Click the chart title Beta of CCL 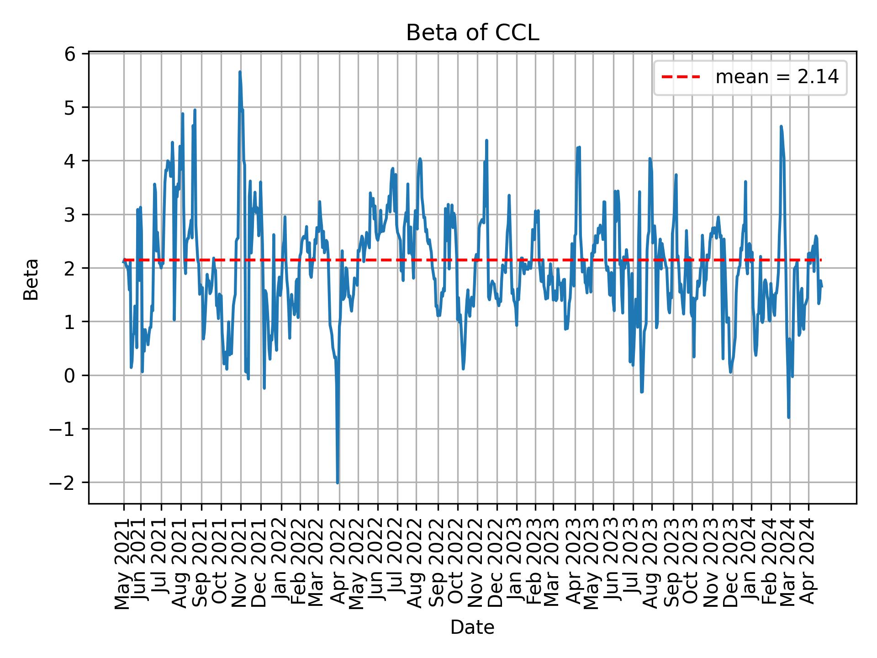pos(472,33)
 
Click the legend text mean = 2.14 pos(777,77)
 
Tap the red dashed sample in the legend pos(681,77)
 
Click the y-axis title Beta pos(31,279)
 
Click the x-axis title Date pos(472,627)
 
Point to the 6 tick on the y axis pos(69,54)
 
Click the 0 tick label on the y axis pos(69,376)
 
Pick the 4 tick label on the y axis pos(69,161)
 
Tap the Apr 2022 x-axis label pos(339,564)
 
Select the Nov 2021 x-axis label pos(240,564)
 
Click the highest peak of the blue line pos(239,72)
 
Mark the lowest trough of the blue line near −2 pos(338,483)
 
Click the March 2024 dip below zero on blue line pos(789,417)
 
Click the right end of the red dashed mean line pos(821,260)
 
